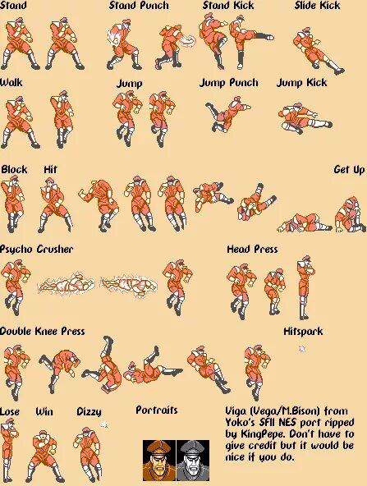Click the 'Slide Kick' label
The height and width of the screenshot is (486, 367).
(x=317, y=6)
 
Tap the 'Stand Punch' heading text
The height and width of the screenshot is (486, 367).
(x=139, y=6)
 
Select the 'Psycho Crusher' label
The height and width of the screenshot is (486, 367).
(x=36, y=249)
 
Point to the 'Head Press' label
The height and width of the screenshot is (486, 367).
(x=252, y=249)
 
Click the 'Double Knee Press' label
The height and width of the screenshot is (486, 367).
(x=42, y=332)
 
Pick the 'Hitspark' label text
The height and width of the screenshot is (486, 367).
(x=303, y=332)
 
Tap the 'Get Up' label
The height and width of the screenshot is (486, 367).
(x=348, y=170)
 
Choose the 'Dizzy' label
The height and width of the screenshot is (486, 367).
(x=89, y=410)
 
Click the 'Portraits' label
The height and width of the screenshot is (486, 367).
(x=156, y=410)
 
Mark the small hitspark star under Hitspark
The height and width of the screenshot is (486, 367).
(x=301, y=348)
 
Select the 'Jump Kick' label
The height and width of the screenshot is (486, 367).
(x=301, y=83)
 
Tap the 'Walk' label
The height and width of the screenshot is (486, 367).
(x=11, y=83)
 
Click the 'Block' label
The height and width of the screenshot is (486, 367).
(x=14, y=170)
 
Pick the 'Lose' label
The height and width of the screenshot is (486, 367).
(x=11, y=410)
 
